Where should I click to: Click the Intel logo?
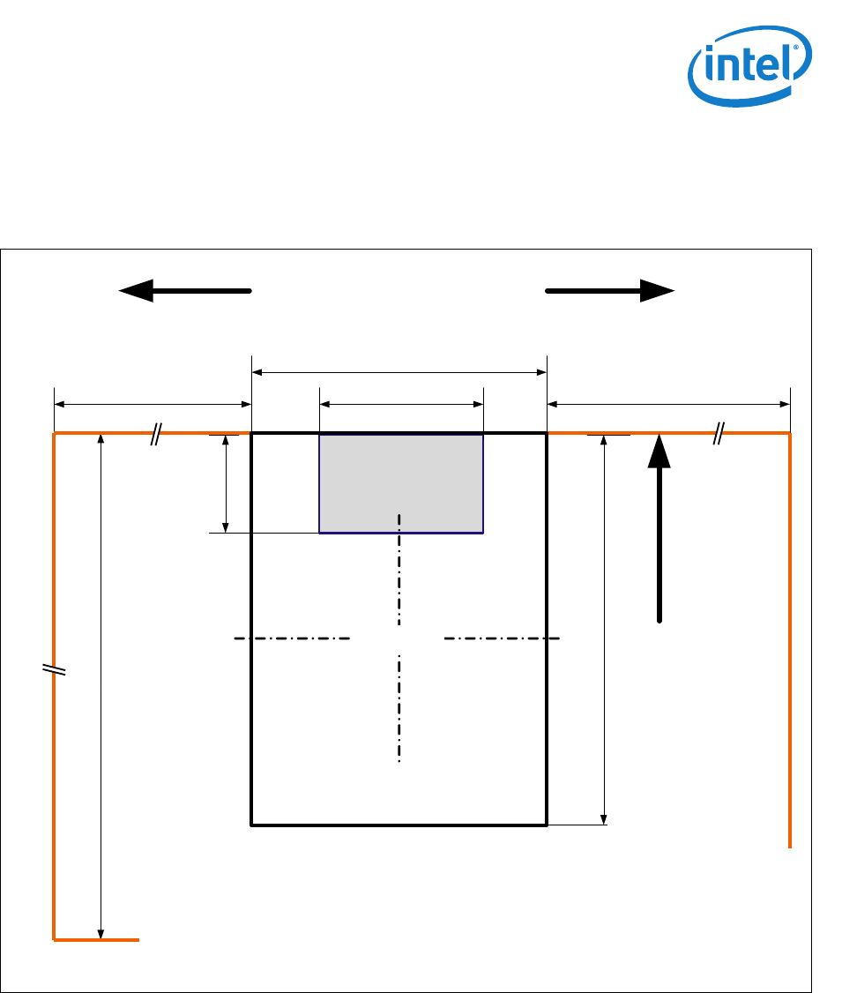tap(748, 69)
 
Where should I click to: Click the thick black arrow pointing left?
tap(185, 291)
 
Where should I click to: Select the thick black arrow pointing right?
tap(610, 291)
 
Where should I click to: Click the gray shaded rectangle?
tap(401, 482)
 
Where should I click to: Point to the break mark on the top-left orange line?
tap(156, 433)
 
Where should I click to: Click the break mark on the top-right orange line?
tap(719, 433)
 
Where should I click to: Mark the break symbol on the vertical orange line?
tap(55, 669)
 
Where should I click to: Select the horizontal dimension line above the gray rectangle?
tap(401, 405)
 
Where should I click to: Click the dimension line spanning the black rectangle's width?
tap(399, 373)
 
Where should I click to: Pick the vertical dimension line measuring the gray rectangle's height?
tap(227, 483)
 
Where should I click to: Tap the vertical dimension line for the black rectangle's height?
tap(604, 630)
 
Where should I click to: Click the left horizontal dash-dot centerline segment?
tap(292, 638)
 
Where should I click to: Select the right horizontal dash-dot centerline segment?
tap(502, 638)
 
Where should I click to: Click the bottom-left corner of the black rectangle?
tap(253, 825)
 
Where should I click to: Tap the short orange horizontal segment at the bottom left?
tap(97, 940)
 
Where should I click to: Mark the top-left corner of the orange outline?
tap(55, 434)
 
